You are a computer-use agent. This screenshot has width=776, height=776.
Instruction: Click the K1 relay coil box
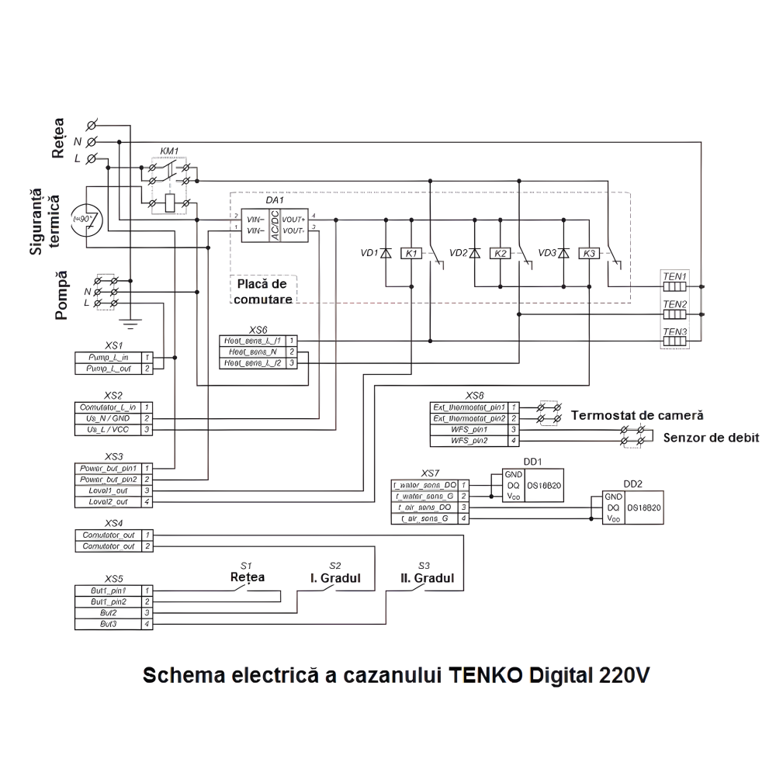[412, 254]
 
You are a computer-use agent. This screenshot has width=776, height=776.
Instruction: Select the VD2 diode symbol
[475, 254]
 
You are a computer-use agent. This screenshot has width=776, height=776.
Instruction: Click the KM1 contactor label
[169, 151]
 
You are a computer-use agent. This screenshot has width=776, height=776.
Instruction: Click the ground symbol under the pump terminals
[130, 318]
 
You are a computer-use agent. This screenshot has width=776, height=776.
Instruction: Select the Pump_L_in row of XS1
[109, 357]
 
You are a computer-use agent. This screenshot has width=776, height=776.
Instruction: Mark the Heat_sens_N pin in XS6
[251, 352]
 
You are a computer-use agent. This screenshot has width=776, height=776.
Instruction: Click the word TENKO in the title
[487, 674]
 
